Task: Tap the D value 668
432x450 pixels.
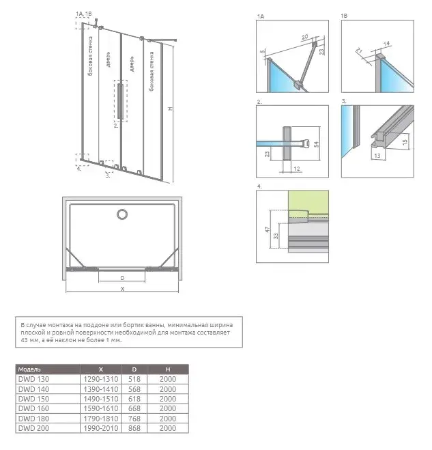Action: [134, 408]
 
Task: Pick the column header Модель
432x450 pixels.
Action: [29, 369]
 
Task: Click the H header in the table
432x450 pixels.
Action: [167, 369]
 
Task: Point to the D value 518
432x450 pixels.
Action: [134, 379]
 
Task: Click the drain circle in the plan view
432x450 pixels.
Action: [121, 215]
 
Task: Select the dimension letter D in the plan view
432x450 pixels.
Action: [121, 278]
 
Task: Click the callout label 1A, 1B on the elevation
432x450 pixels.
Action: [84, 14]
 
